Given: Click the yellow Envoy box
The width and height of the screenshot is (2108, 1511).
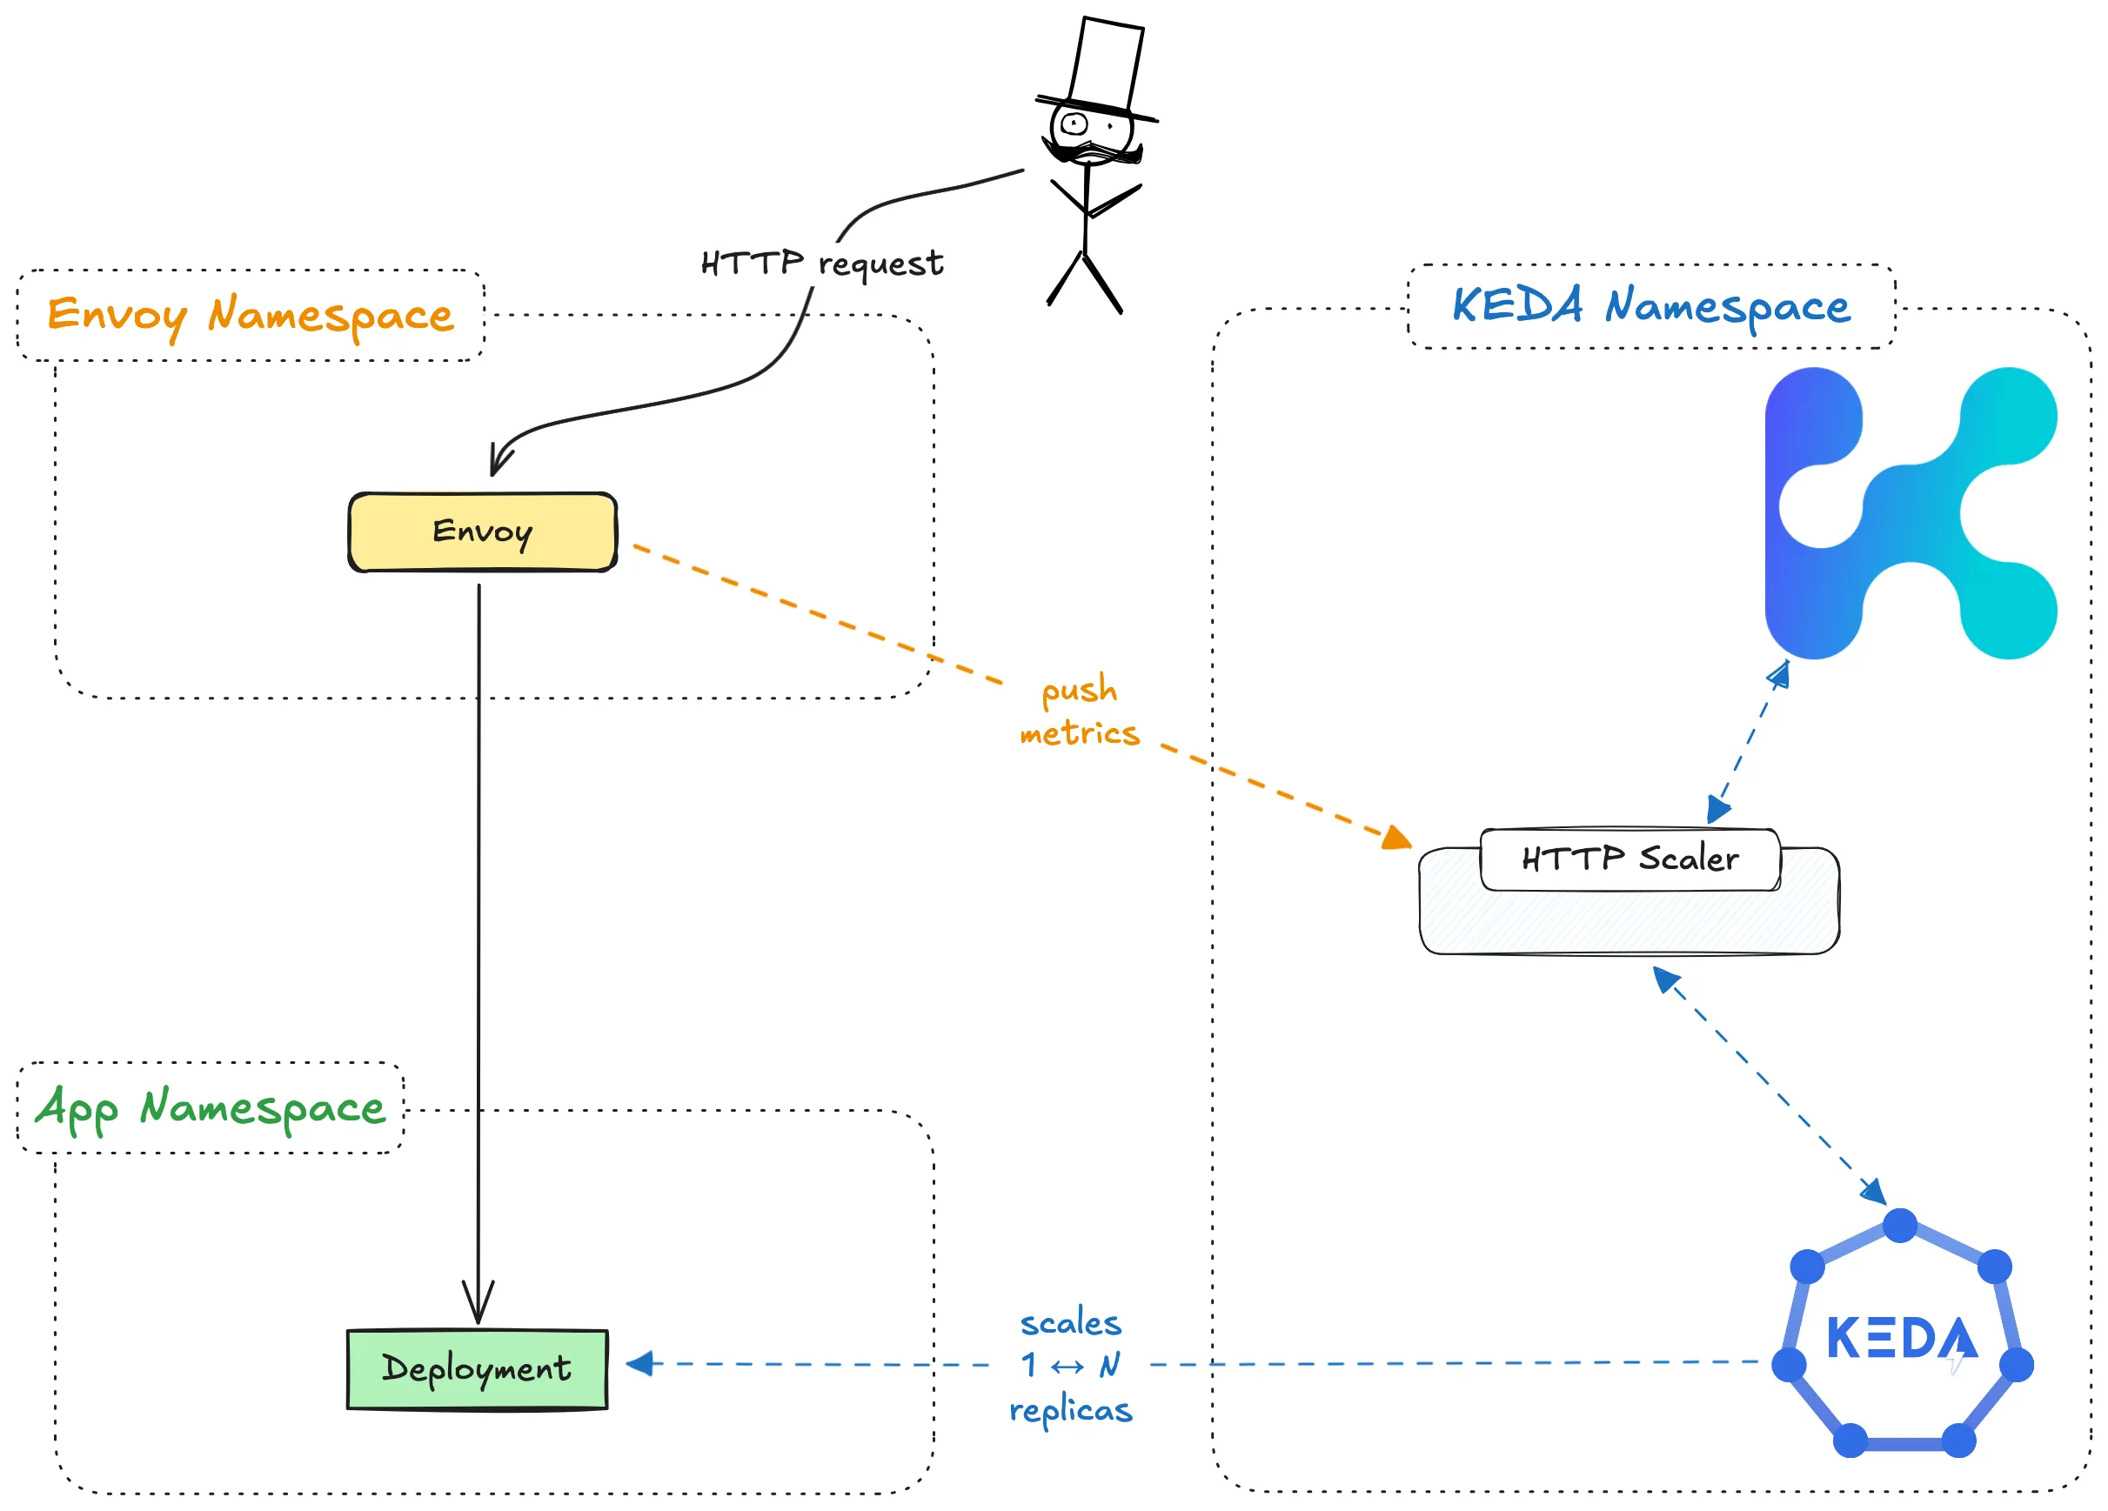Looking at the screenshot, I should tap(482, 532).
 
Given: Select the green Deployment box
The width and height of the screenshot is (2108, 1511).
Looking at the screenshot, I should tap(477, 1369).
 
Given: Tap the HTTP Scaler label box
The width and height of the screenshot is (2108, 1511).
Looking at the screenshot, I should tap(1630, 859).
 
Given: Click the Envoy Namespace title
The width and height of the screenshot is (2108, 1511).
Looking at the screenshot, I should tap(250, 315).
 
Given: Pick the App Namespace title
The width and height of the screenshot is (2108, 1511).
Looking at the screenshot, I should tap(210, 1107).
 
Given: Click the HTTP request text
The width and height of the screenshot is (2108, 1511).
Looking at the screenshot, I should tap(821, 264).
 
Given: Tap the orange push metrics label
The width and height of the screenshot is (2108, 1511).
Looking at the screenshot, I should tap(1079, 711).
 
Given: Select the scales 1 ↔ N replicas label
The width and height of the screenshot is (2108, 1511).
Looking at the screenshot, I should tap(1071, 1365).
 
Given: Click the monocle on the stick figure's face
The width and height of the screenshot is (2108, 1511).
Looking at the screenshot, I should tap(1074, 123).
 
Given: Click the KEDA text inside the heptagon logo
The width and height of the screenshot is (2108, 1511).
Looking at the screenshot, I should tap(1900, 1338).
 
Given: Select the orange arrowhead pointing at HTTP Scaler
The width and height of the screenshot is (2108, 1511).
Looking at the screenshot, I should tap(1397, 839).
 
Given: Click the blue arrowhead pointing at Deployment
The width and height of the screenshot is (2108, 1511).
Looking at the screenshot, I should tap(640, 1363).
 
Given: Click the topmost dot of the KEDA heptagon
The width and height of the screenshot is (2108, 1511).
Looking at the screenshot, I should tap(1900, 1225).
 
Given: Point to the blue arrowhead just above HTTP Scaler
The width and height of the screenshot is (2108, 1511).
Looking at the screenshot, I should tap(1717, 809).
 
